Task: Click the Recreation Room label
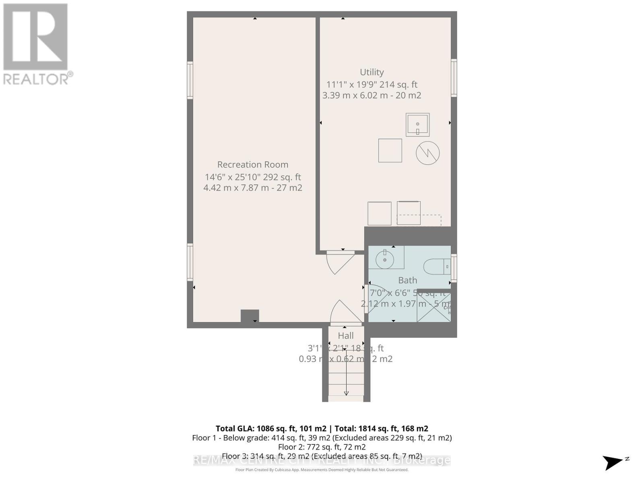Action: [x=253, y=165]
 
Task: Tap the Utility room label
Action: [x=372, y=72]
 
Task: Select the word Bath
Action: [x=407, y=280]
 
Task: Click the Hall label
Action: [x=346, y=336]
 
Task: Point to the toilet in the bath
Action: [x=435, y=266]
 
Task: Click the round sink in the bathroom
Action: [x=385, y=260]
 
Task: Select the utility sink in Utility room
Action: [x=417, y=124]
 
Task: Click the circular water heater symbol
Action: [x=427, y=153]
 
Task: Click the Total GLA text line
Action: [x=322, y=429]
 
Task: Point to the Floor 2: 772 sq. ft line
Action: [x=322, y=447]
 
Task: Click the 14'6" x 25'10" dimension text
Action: [x=253, y=177]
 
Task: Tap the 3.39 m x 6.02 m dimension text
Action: [x=372, y=95]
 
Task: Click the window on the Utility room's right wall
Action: [x=454, y=78]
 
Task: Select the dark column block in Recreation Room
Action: [x=250, y=316]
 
